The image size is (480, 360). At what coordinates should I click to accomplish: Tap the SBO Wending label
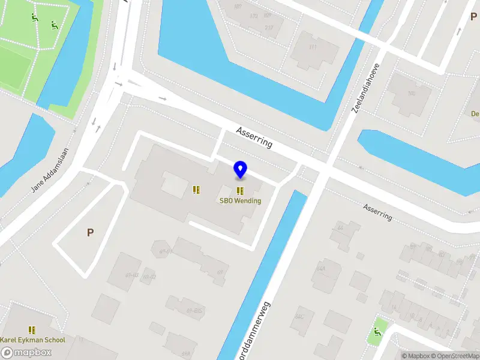coord(240,200)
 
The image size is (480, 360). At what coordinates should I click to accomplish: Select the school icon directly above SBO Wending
coord(240,191)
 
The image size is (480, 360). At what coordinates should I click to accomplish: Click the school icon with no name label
coord(196,190)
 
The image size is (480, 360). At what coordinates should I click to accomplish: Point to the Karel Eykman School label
coord(32,340)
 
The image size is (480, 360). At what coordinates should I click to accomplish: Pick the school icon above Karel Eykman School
coord(32,330)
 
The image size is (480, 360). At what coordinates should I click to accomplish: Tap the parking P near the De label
coord(473,17)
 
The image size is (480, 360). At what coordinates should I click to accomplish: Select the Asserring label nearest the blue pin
coord(254,137)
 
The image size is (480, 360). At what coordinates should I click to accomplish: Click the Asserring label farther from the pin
coord(377,211)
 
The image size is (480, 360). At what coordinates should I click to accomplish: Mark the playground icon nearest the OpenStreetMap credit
coord(377,331)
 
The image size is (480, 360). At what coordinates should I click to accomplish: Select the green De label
coord(475,113)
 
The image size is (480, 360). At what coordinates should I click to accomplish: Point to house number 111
coord(312,47)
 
